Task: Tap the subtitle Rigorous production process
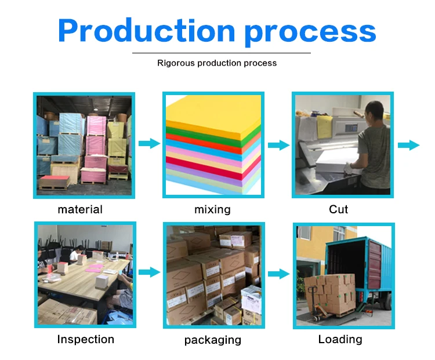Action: coord(217,63)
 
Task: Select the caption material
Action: coord(80,209)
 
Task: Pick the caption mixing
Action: coord(212,209)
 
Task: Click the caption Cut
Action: coord(339,209)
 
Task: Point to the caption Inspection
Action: coord(85,339)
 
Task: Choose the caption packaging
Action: coord(212,340)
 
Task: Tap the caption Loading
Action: coord(340,339)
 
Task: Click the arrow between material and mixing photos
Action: coord(149,143)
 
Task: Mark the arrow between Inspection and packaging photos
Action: coord(149,271)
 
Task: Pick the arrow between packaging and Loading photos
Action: coord(278,274)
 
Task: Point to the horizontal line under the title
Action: coord(222,53)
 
